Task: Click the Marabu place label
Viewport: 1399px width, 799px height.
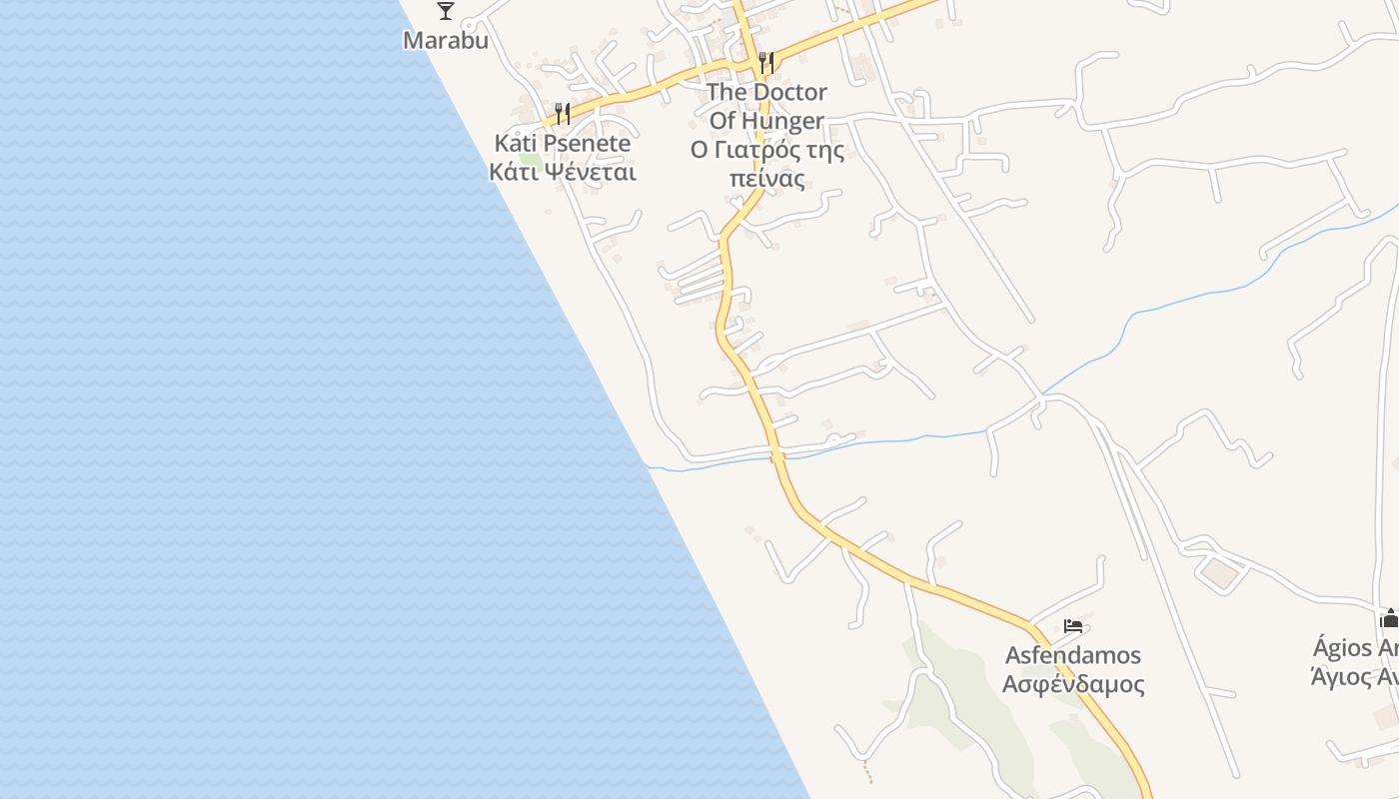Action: pyautogui.click(x=446, y=41)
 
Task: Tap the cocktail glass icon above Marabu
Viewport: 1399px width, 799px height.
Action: pyautogui.click(x=446, y=11)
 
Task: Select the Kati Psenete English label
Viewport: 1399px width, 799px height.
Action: pyautogui.click(x=563, y=143)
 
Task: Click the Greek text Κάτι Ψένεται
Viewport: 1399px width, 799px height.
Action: pyautogui.click(x=563, y=172)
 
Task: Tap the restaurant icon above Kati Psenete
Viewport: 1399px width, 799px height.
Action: pyautogui.click(x=563, y=112)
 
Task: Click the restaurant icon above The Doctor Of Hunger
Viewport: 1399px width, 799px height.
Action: pyautogui.click(x=766, y=62)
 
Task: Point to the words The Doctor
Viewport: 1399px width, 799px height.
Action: pyautogui.click(x=766, y=92)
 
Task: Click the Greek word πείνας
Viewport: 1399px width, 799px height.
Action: pyautogui.click(x=766, y=180)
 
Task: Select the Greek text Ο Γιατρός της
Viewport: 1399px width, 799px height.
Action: pyautogui.click(x=766, y=151)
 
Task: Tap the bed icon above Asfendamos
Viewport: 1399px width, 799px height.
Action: pyautogui.click(x=1073, y=626)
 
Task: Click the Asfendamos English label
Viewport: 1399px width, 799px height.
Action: pyautogui.click(x=1073, y=656)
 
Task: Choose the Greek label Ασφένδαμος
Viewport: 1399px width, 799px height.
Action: pyautogui.click(x=1073, y=685)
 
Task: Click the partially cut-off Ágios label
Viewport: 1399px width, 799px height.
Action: pyautogui.click(x=1355, y=648)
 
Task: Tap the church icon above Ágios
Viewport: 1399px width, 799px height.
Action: pyautogui.click(x=1389, y=618)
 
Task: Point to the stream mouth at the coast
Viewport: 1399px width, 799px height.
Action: pyautogui.click(x=648, y=465)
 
